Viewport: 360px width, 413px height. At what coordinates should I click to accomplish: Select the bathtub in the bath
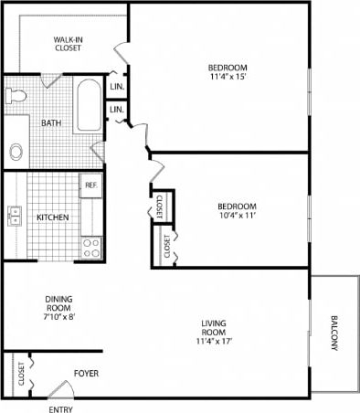click(89, 107)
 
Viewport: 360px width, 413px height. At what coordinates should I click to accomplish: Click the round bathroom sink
click(16, 151)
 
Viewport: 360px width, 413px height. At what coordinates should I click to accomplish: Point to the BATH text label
click(51, 122)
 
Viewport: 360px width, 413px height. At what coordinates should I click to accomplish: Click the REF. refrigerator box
click(90, 185)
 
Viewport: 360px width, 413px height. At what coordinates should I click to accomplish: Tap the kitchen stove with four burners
click(91, 246)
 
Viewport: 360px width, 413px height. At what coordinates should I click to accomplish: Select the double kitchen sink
click(15, 216)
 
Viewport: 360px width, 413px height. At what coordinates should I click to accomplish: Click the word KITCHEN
click(53, 217)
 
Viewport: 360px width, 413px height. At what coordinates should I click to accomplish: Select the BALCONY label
click(334, 334)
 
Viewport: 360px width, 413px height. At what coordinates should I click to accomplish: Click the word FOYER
click(86, 374)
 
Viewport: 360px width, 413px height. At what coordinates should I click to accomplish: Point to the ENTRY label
click(60, 408)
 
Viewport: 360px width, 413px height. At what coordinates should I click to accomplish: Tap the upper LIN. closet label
click(116, 87)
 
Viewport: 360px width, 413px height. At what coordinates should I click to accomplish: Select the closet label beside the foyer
click(20, 375)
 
